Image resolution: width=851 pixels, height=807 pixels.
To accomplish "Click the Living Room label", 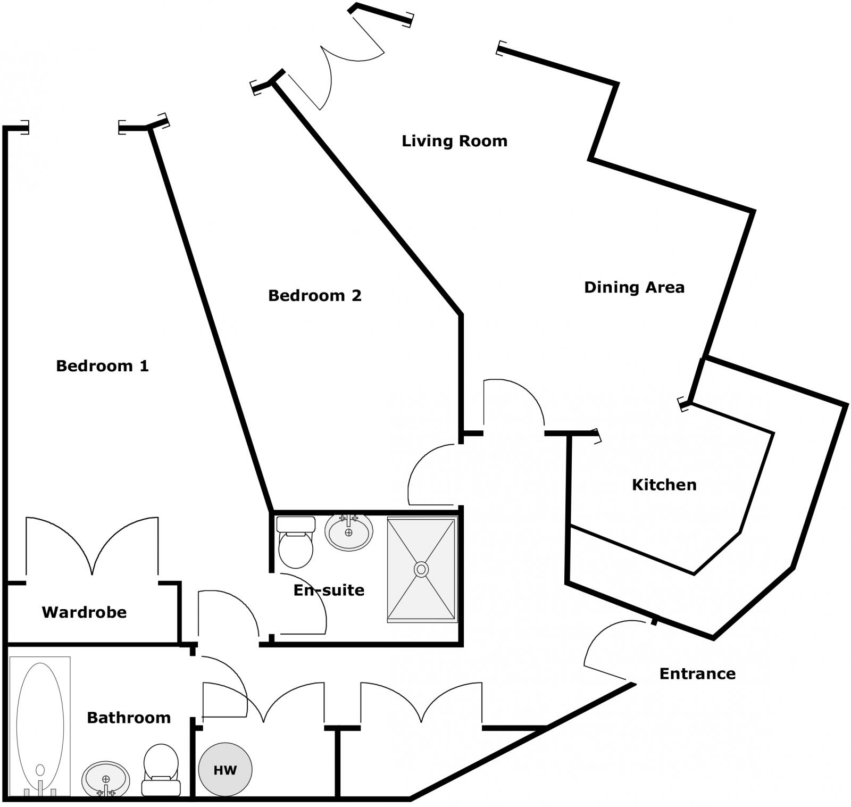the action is (x=454, y=141).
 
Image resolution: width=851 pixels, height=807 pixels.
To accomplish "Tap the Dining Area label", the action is (x=634, y=287).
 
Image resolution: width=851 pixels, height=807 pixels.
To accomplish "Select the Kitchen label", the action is (x=664, y=485).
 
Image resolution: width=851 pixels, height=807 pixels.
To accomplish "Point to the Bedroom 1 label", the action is (x=102, y=366).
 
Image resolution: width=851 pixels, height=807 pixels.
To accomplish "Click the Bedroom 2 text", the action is (x=315, y=295).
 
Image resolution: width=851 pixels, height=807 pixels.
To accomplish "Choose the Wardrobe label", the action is (x=84, y=612).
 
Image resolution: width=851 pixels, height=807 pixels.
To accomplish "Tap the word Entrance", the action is (x=697, y=673).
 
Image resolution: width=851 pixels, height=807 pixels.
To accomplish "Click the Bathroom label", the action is (x=129, y=718).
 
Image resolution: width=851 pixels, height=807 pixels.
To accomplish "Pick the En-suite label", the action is (x=329, y=590).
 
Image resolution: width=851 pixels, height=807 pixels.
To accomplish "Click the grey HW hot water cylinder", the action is (x=225, y=769).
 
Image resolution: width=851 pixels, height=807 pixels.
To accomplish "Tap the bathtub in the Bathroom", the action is (x=40, y=726).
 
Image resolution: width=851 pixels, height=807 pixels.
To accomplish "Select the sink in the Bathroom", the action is (x=105, y=780).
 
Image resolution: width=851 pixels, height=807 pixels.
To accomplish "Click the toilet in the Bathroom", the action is (x=161, y=770).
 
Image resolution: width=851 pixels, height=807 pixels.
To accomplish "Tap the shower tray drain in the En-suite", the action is (x=421, y=570).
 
